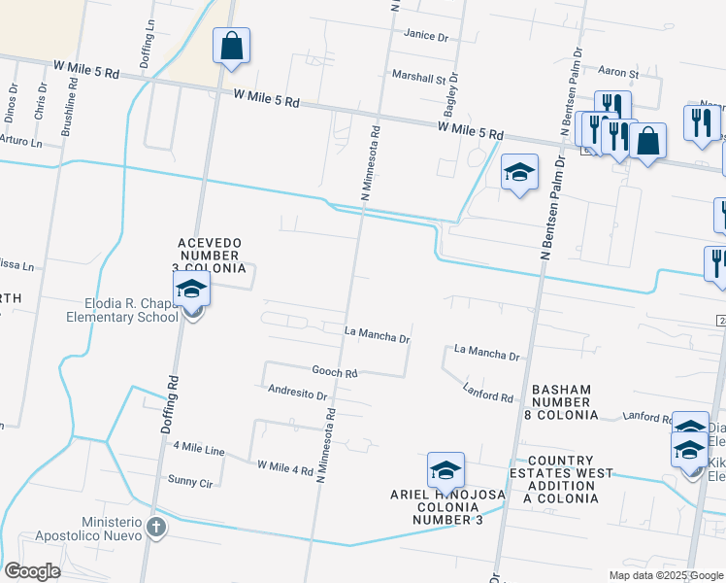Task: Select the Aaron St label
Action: pos(618,73)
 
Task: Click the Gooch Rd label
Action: pos(335,372)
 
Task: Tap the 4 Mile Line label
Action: pos(198,448)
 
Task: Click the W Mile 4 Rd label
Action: pos(285,468)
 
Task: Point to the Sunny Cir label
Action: pos(189,481)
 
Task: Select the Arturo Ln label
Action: pos(20,142)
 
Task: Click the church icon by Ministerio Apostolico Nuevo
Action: pos(156,527)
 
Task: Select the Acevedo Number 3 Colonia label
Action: pos(209,256)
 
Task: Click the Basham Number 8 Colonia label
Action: pos(561,402)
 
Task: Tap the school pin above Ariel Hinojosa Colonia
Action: pos(445,471)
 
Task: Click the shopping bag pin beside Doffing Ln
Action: pos(232,47)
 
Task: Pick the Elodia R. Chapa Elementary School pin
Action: pos(192,291)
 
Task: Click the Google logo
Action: pos(32,571)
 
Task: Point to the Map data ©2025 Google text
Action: pos(665,575)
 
